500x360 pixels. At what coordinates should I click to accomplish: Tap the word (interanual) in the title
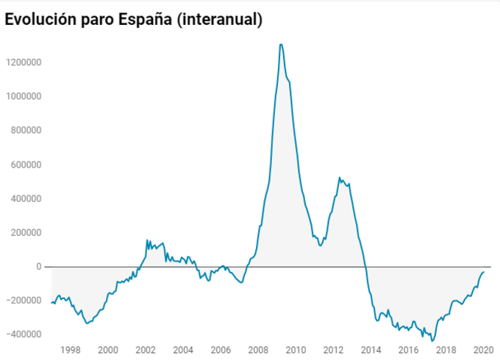(224, 20)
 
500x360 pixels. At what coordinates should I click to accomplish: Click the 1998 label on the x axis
(71, 349)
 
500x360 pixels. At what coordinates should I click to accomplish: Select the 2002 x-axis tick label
(146, 349)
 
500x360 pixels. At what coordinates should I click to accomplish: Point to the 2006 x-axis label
(221, 349)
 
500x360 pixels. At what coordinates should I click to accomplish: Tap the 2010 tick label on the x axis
(296, 349)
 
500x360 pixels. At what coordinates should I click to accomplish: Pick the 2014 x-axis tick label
(371, 349)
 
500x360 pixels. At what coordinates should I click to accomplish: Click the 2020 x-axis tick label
(483, 349)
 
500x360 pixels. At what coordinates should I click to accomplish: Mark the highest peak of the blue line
(281, 45)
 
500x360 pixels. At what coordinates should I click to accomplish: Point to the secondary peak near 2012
(339, 178)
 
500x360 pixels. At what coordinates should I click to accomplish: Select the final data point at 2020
(484, 273)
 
